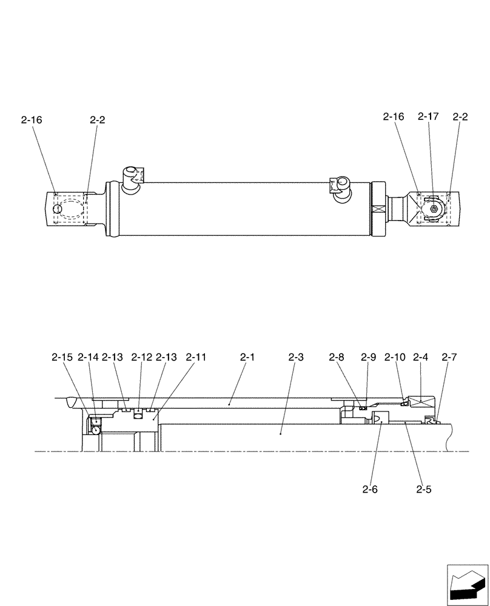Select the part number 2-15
pos(61,358)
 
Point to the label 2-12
pos(141,358)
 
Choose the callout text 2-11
pos(196,358)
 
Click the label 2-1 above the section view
pos(246,358)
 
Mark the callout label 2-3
pos(295,358)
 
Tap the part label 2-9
pos(369,358)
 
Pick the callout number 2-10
pos(395,358)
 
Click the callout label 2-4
pos(421,358)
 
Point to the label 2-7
pos(449,358)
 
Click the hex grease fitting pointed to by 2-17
pos(435,208)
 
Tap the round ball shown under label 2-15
pos(95,430)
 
